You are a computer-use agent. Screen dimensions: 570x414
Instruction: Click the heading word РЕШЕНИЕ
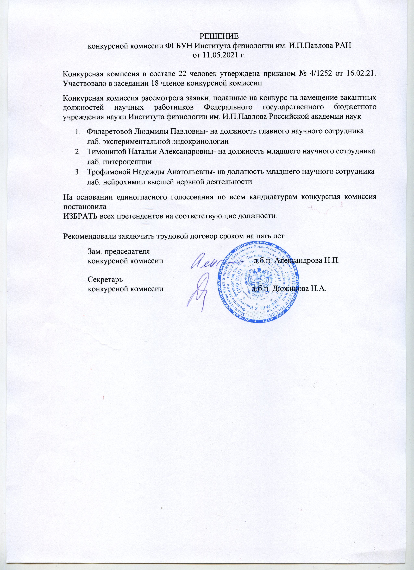coord(218,36)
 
